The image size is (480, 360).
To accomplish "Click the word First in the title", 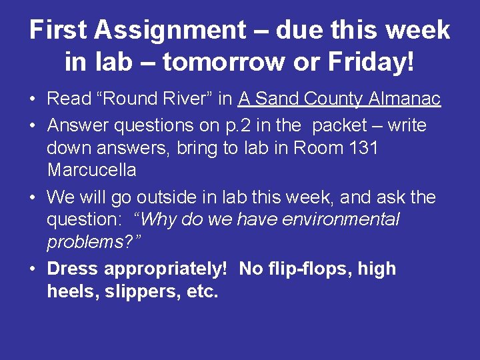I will [x=59, y=30].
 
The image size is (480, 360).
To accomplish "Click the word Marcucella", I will [x=91, y=170].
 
